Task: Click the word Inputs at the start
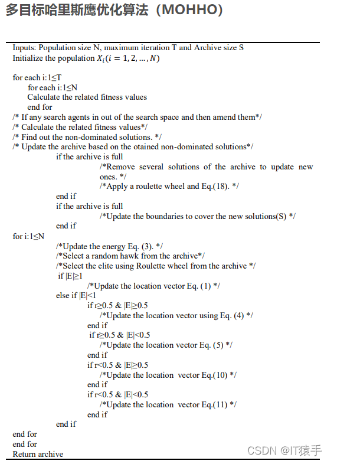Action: click(x=24, y=48)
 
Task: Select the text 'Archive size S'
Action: click(x=219, y=48)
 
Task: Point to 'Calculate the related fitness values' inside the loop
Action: click(x=87, y=97)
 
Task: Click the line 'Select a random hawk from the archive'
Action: click(x=130, y=256)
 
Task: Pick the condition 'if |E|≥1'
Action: click(x=70, y=276)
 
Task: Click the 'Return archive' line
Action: click(x=38, y=455)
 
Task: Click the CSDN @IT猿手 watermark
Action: click(x=284, y=451)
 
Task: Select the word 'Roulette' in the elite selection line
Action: click(x=150, y=266)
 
